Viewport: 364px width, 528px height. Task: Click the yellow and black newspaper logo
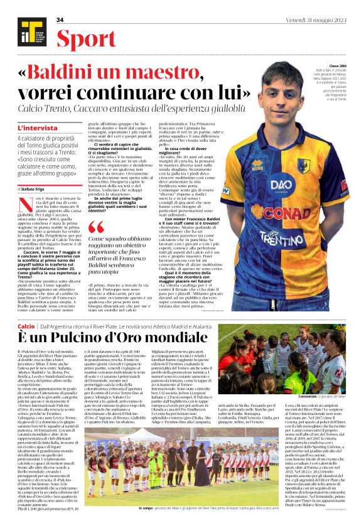point(28,32)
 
